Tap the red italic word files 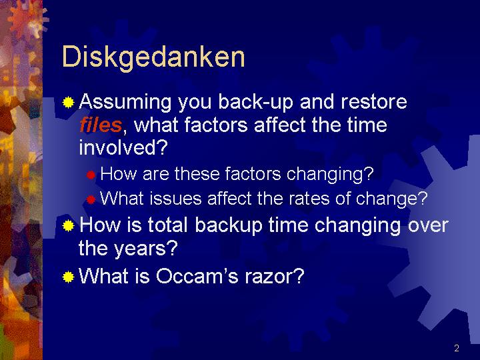[x=101, y=125]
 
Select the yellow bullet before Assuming [x=68, y=102]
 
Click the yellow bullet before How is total [x=68, y=226]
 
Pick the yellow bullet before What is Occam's [x=68, y=277]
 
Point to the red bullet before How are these [x=91, y=175]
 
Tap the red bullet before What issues [x=91, y=199]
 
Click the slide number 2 [x=457, y=348]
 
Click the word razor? [x=274, y=277]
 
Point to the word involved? [x=123, y=147]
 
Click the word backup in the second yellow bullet [x=229, y=225]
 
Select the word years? [x=145, y=249]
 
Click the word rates [x=309, y=199]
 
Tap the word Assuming [x=125, y=102]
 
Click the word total [x=167, y=225]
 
